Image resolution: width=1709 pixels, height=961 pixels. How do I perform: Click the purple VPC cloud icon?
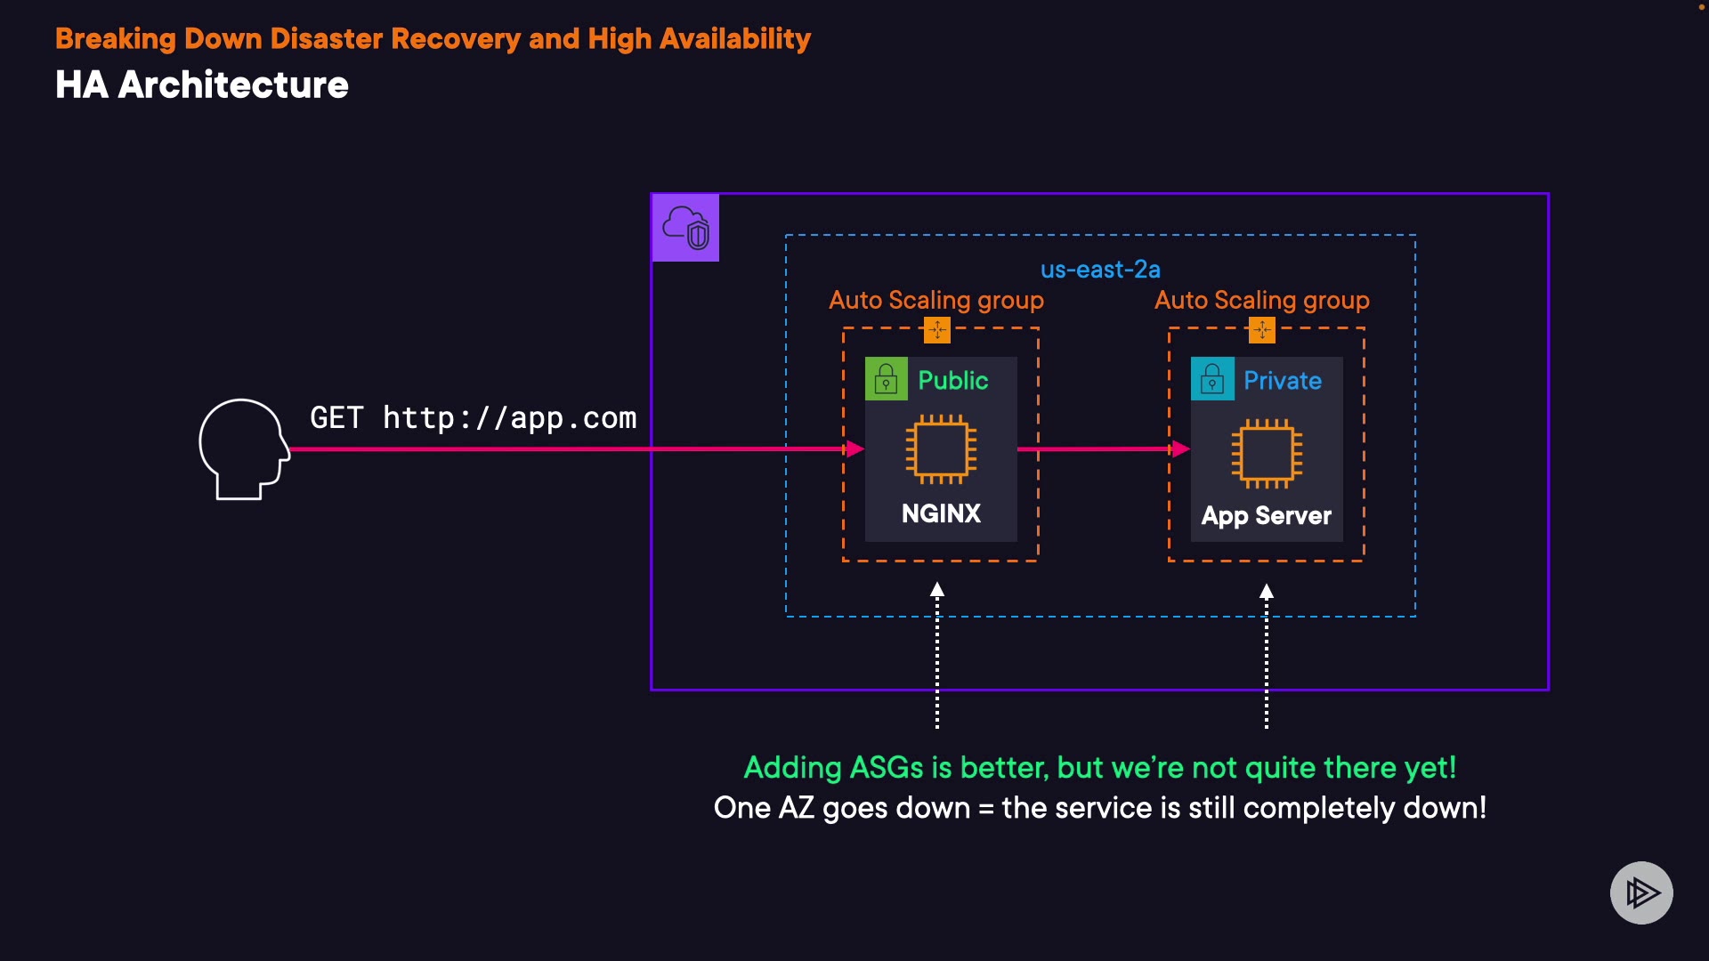point(685,228)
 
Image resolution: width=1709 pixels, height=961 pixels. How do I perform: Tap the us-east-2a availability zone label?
point(1100,269)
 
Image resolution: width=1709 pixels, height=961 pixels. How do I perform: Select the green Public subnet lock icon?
point(886,379)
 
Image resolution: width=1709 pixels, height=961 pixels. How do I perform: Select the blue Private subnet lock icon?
point(1212,379)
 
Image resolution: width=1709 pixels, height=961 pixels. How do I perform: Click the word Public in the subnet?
point(952,380)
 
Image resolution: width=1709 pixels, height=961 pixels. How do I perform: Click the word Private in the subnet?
point(1282,380)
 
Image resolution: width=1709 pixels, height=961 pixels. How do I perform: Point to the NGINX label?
point(941,513)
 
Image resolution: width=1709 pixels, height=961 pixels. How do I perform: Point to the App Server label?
point(1266,516)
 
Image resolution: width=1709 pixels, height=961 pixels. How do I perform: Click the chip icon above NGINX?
point(941,449)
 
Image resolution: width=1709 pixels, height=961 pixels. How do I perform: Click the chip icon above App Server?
point(1267,453)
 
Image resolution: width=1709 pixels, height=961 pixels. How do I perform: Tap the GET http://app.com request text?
point(473,417)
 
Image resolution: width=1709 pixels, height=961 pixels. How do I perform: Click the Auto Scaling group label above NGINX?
point(935,300)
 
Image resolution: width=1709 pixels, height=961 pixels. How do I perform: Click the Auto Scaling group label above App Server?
point(1261,300)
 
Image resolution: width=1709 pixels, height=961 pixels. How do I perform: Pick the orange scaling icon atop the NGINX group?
point(937,330)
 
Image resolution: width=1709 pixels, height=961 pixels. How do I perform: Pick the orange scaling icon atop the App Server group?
point(1262,330)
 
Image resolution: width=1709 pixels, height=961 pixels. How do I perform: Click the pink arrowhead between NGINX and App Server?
point(1180,448)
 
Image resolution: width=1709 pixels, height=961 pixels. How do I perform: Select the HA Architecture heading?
point(202,85)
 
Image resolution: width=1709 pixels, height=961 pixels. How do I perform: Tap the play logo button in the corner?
point(1641,892)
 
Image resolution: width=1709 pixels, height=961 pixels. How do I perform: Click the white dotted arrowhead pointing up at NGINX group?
point(937,589)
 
